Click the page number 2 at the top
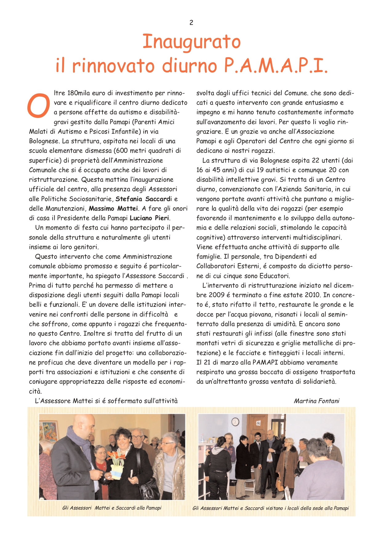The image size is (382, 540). pos(191,22)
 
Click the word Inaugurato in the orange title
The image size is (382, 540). pos(191,42)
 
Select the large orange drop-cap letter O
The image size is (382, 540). pos(39,105)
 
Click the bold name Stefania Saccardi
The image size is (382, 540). pos(143,199)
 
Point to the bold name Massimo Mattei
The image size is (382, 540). pos(113,208)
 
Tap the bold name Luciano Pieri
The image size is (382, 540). pos(149,218)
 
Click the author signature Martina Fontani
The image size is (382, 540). pos(316,401)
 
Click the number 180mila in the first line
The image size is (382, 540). pos(79,93)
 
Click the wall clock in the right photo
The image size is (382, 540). pos(235,421)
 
